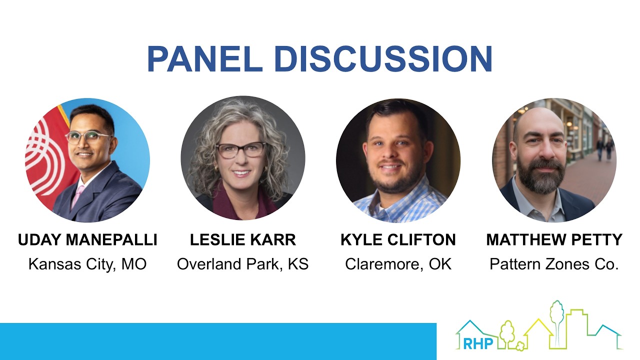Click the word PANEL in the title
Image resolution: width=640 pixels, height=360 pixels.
204,59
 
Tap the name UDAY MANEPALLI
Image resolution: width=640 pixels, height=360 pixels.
87,240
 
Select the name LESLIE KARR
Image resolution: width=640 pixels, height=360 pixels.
243,240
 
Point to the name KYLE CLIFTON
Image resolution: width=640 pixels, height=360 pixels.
398,240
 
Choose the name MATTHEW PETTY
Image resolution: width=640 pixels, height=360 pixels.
554,240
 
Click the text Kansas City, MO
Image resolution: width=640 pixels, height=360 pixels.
87,264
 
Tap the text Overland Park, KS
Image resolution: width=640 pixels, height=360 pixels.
243,264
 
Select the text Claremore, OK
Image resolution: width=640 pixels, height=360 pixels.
398,264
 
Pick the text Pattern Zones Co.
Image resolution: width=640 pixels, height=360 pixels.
554,264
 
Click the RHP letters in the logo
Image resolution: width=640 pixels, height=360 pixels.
478,343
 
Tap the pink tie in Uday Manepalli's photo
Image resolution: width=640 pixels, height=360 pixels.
78,195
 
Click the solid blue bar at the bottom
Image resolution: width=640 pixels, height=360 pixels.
218,341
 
